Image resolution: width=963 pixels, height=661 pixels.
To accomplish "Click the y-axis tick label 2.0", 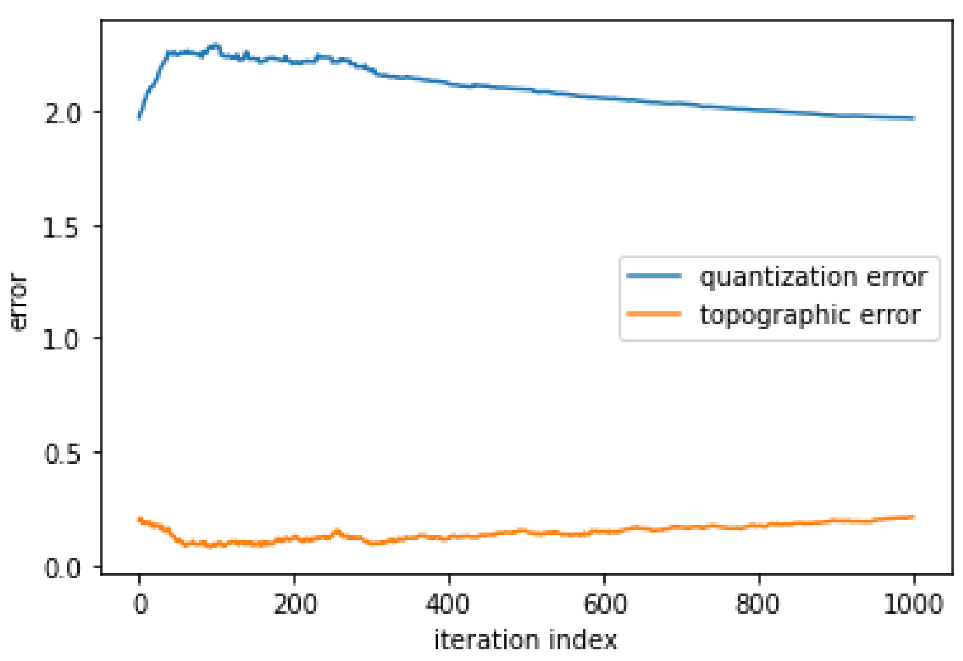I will click(x=62, y=113).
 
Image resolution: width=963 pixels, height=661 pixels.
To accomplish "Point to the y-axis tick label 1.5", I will click(x=61, y=227).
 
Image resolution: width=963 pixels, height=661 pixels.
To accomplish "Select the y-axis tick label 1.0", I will click(x=61, y=339).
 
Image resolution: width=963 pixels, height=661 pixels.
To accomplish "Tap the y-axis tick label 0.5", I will click(x=62, y=453).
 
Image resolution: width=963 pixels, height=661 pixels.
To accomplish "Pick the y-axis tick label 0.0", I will click(x=62, y=568).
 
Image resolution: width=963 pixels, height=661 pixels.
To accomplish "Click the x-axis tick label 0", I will click(x=141, y=604).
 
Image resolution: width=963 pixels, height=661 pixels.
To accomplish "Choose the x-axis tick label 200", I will click(x=295, y=604).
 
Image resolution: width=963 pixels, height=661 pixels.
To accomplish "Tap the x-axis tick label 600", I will click(x=605, y=604).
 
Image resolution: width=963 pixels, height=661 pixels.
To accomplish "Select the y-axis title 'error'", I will click(x=19, y=301).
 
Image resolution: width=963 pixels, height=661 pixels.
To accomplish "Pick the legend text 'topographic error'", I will click(x=810, y=315).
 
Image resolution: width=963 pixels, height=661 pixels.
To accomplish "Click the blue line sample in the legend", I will click(x=654, y=276).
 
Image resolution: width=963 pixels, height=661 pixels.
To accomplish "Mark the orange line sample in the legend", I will click(x=654, y=314).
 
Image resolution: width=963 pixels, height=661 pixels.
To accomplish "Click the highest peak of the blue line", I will click(x=215, y=44).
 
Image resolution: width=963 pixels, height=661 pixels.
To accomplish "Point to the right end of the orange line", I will click(x=914, y=517).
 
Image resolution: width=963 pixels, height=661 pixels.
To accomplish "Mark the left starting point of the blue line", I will click(x=139, y=118).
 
